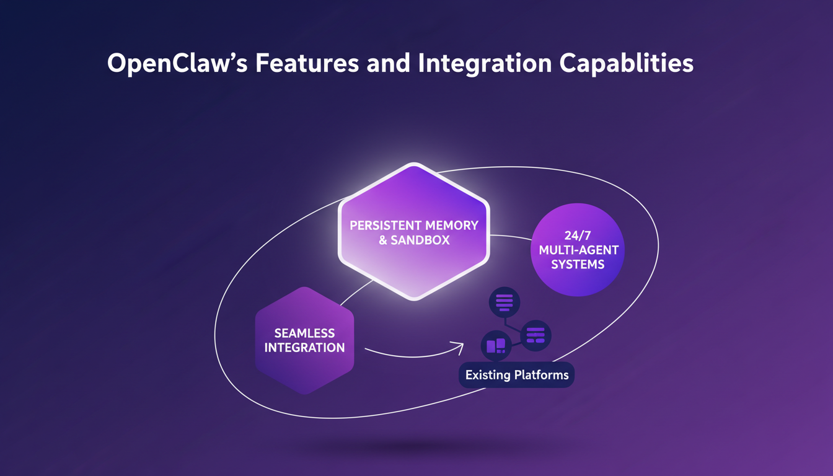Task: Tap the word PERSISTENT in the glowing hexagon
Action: [x=385, y=226]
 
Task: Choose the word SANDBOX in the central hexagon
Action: [x=423, y=240]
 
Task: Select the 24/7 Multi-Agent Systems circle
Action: [x=578, y=250]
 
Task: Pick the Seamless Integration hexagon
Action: [x=304, y=340]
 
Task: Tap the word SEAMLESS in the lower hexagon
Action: [x=304, y=333]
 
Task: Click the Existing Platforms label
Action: [x=516, y=375]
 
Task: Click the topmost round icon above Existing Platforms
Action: [x=505, y=302]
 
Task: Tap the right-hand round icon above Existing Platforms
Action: [x=535, y=335]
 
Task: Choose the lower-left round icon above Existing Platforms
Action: [x=496, y=345]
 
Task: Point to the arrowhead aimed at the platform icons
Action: [x=459, y=345]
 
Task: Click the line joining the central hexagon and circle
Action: [x=511, y=236]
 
